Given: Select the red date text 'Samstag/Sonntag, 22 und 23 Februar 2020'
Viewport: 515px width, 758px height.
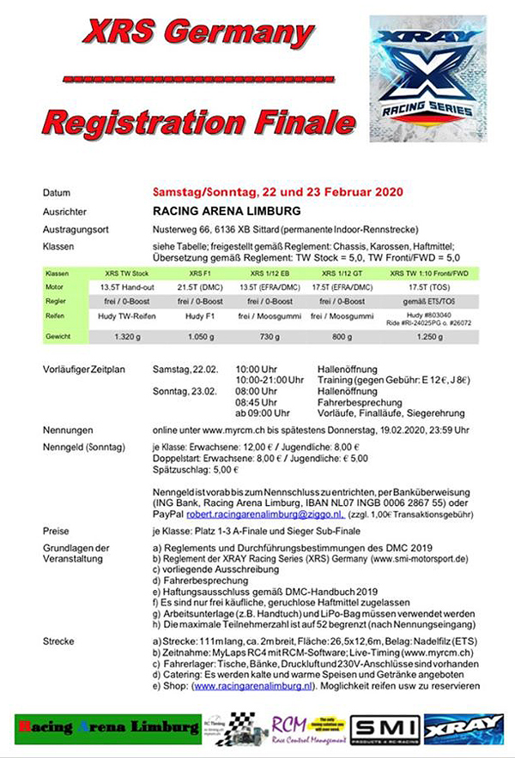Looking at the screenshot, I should click(278, 192).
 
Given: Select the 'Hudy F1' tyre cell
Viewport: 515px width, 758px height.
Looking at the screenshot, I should click(195, 317).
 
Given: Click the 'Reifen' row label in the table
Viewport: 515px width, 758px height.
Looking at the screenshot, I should click(57, 317).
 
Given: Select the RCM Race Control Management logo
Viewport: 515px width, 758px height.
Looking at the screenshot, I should click(306, 727).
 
